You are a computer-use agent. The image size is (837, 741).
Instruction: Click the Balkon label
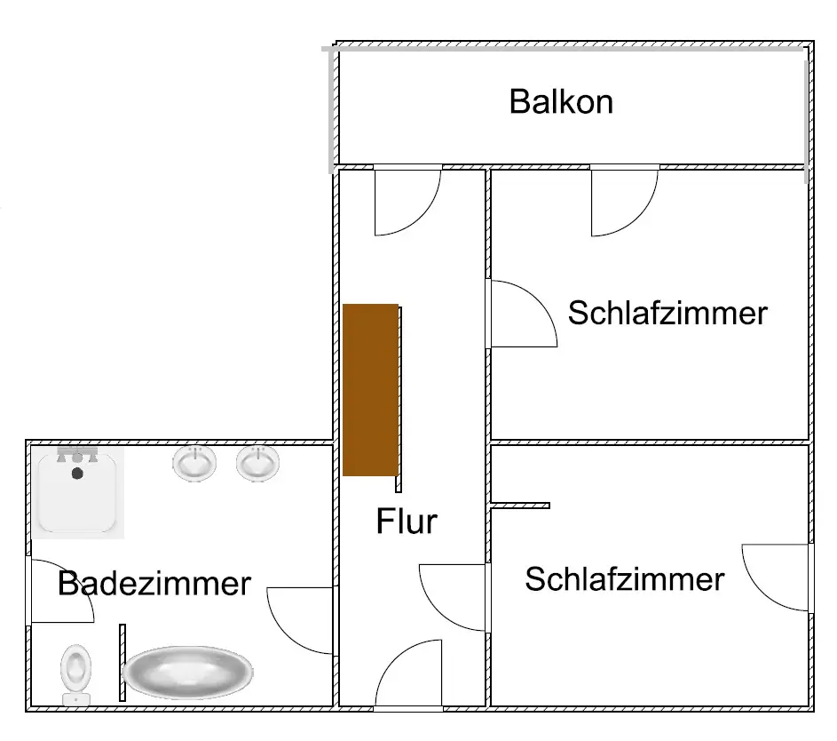561,101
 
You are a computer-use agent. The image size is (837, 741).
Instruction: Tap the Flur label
407,521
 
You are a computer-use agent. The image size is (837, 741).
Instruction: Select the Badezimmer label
154,584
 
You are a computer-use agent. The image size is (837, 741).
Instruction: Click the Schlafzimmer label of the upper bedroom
667,313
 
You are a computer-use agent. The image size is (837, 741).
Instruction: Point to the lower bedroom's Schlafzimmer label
624,579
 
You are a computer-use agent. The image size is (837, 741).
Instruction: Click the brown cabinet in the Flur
370,389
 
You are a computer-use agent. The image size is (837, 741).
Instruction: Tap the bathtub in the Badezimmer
187,672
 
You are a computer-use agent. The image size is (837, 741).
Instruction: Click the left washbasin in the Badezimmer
194,463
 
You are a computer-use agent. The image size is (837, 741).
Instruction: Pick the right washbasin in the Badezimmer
257,463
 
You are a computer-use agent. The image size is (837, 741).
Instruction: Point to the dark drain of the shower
77,474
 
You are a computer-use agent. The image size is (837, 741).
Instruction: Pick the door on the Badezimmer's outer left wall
60,591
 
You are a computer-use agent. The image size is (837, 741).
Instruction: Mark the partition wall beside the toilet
122,662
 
